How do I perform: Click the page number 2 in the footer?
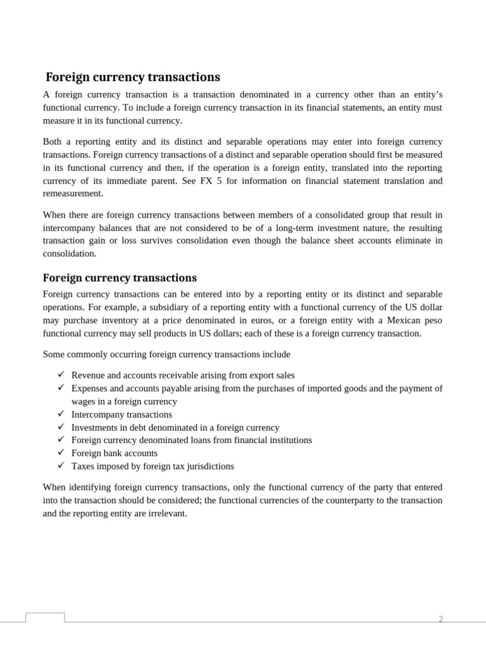[441, 619]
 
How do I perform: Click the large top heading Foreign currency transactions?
[133, 77]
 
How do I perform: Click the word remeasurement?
[72, 194]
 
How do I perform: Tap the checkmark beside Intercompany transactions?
[61, 414]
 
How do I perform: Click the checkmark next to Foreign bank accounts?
[61, 452]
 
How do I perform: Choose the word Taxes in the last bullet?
[82, 466]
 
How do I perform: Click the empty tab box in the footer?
[45, 618]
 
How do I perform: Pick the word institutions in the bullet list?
[289, 440]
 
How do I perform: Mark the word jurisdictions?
[208, 466]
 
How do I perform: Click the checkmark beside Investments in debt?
[61, 427]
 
